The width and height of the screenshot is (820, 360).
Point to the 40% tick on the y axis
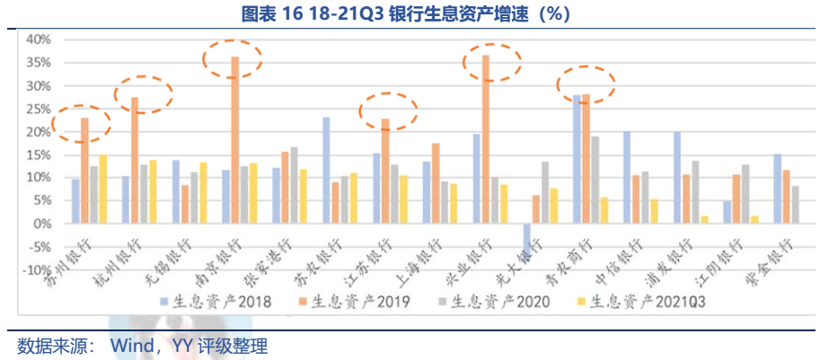coord(37,40)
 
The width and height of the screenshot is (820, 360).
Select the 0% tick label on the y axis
coord(41,224)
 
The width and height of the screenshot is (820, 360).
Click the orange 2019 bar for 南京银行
coord(235,139)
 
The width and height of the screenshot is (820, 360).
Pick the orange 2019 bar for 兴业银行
coord(486,139)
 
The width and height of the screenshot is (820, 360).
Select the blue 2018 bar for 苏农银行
coord(326,170)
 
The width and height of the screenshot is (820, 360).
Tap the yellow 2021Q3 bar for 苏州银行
coord(103,189)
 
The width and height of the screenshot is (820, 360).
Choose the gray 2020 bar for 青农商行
coord(595,180)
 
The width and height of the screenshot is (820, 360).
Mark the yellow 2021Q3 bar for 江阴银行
coord(754,219)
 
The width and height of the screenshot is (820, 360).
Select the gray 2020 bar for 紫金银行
coord(796,204)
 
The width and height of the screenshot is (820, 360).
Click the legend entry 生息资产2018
coord(208,301)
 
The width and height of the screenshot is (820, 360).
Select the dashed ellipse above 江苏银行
coord(388,110)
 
